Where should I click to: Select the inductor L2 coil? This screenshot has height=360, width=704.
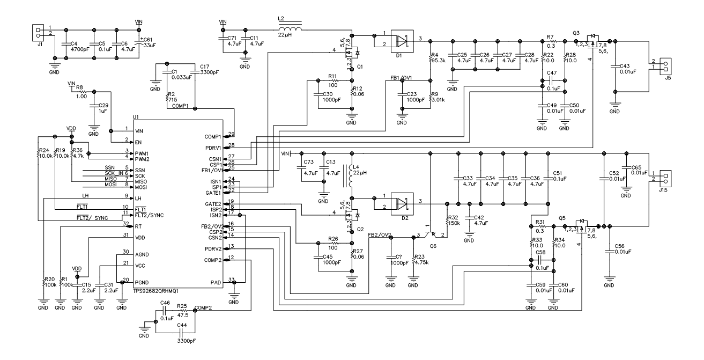pyautogui.click(x=290, y=27)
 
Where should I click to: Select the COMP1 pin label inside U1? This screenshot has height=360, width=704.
pyautogui.click(x=213, y=137)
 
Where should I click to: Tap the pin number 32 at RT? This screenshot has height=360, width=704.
pyautogui.click(x=125, y=223)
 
